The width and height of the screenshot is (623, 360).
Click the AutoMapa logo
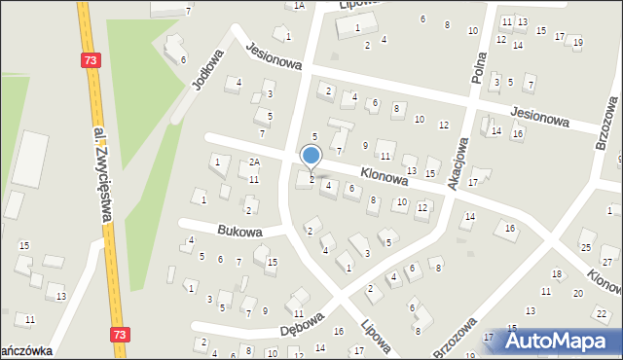click(563, 341)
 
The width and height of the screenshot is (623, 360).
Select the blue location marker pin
click(311, 157)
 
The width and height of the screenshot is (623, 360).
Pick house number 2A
click(253, 162)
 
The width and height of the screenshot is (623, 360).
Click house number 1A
click(300, 6)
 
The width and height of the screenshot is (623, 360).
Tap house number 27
click(607, 263)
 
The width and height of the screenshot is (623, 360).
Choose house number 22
click(603, 313)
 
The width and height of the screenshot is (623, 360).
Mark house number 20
click(577, 293)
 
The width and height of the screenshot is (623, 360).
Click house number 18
click(556, 274)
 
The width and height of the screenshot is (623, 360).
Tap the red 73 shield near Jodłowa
click(91, 60)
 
